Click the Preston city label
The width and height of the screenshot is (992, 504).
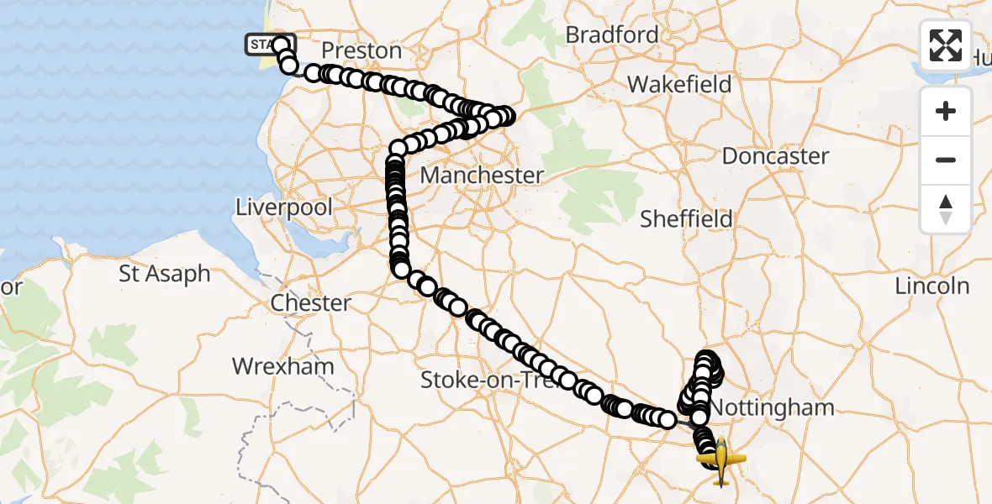point(362,50)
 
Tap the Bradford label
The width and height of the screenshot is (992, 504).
point(612,34)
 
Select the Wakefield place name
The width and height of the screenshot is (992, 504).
point(679,84)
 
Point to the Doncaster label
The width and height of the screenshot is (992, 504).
point(775,156)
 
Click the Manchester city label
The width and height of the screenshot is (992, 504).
point(482,176)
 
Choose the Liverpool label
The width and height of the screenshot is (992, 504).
point(284,207)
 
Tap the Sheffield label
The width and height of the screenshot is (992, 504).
point(686,219)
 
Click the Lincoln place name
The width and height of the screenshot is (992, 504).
point(931,286)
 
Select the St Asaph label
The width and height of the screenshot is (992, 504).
point(165,274)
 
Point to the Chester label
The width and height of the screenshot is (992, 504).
point(311,302)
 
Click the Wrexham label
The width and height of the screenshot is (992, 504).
point(283,366)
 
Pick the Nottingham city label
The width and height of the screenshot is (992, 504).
point(772,408)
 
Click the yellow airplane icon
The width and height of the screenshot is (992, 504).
point(721,461)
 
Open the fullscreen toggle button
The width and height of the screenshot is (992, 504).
point(946,45)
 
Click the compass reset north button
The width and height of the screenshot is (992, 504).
point(946,208)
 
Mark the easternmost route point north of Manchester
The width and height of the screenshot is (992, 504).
point(505,116)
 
